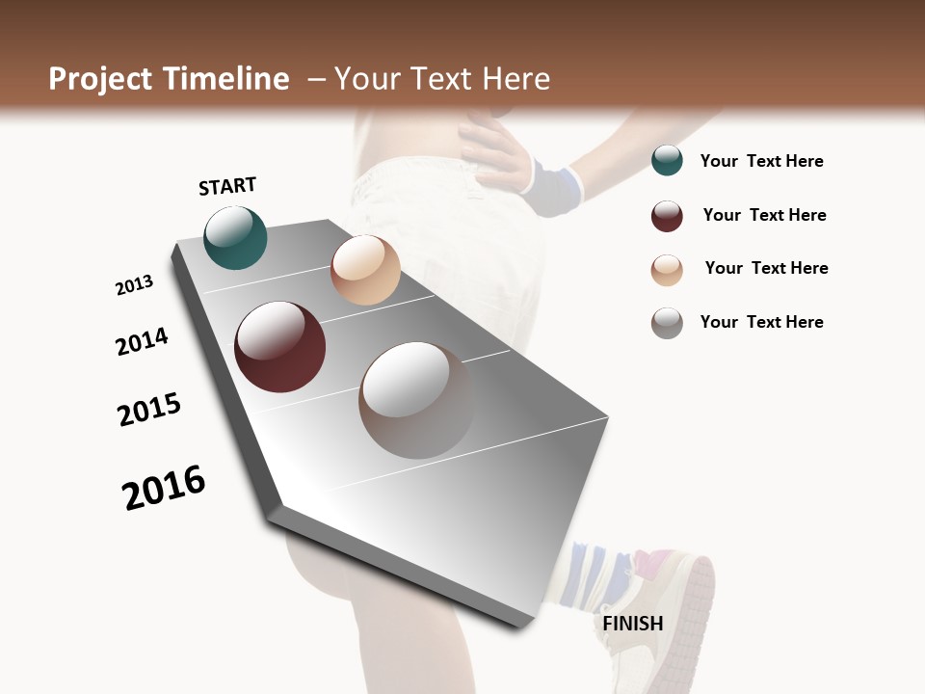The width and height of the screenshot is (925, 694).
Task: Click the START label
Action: pyautogui.click(x=227, y=186)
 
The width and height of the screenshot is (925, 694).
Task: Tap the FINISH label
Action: pyautogui.click(x=633, y=624)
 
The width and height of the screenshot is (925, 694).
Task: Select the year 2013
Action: pyautogui.click(x=135, y=285)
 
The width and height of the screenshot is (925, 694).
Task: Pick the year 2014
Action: pyautogui.click(x=143, y=341)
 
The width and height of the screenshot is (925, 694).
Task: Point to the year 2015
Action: pyautogui.click(x=149, y=410)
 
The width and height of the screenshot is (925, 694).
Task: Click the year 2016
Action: pyautogui.click(x=164, y=488)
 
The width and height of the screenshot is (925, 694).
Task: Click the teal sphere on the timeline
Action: pyautogui.click(x=235, y=237)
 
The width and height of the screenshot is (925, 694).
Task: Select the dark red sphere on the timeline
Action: pyautogui.click(x=280, y=347)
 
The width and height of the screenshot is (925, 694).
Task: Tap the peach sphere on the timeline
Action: pyautogui.click(x=365, y=270)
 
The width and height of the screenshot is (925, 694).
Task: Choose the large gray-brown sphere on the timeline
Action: pyautogui.click(x=416, y=400)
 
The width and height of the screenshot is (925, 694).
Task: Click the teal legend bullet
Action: pyautogui.click(x=667, y=161)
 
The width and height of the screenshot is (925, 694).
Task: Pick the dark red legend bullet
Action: pyautogui.click(x=667, y=216)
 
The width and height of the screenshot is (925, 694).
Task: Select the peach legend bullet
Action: pyautogui.click(x=667, y=270)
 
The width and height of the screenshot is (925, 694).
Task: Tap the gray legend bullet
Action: pyautogui.click(x=667, y=323)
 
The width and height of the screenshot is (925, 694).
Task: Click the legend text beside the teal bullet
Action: pyautogui.click(x=761, y=161)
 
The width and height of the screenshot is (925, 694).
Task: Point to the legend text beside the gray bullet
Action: pyautogui.click(x=761, y=322)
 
